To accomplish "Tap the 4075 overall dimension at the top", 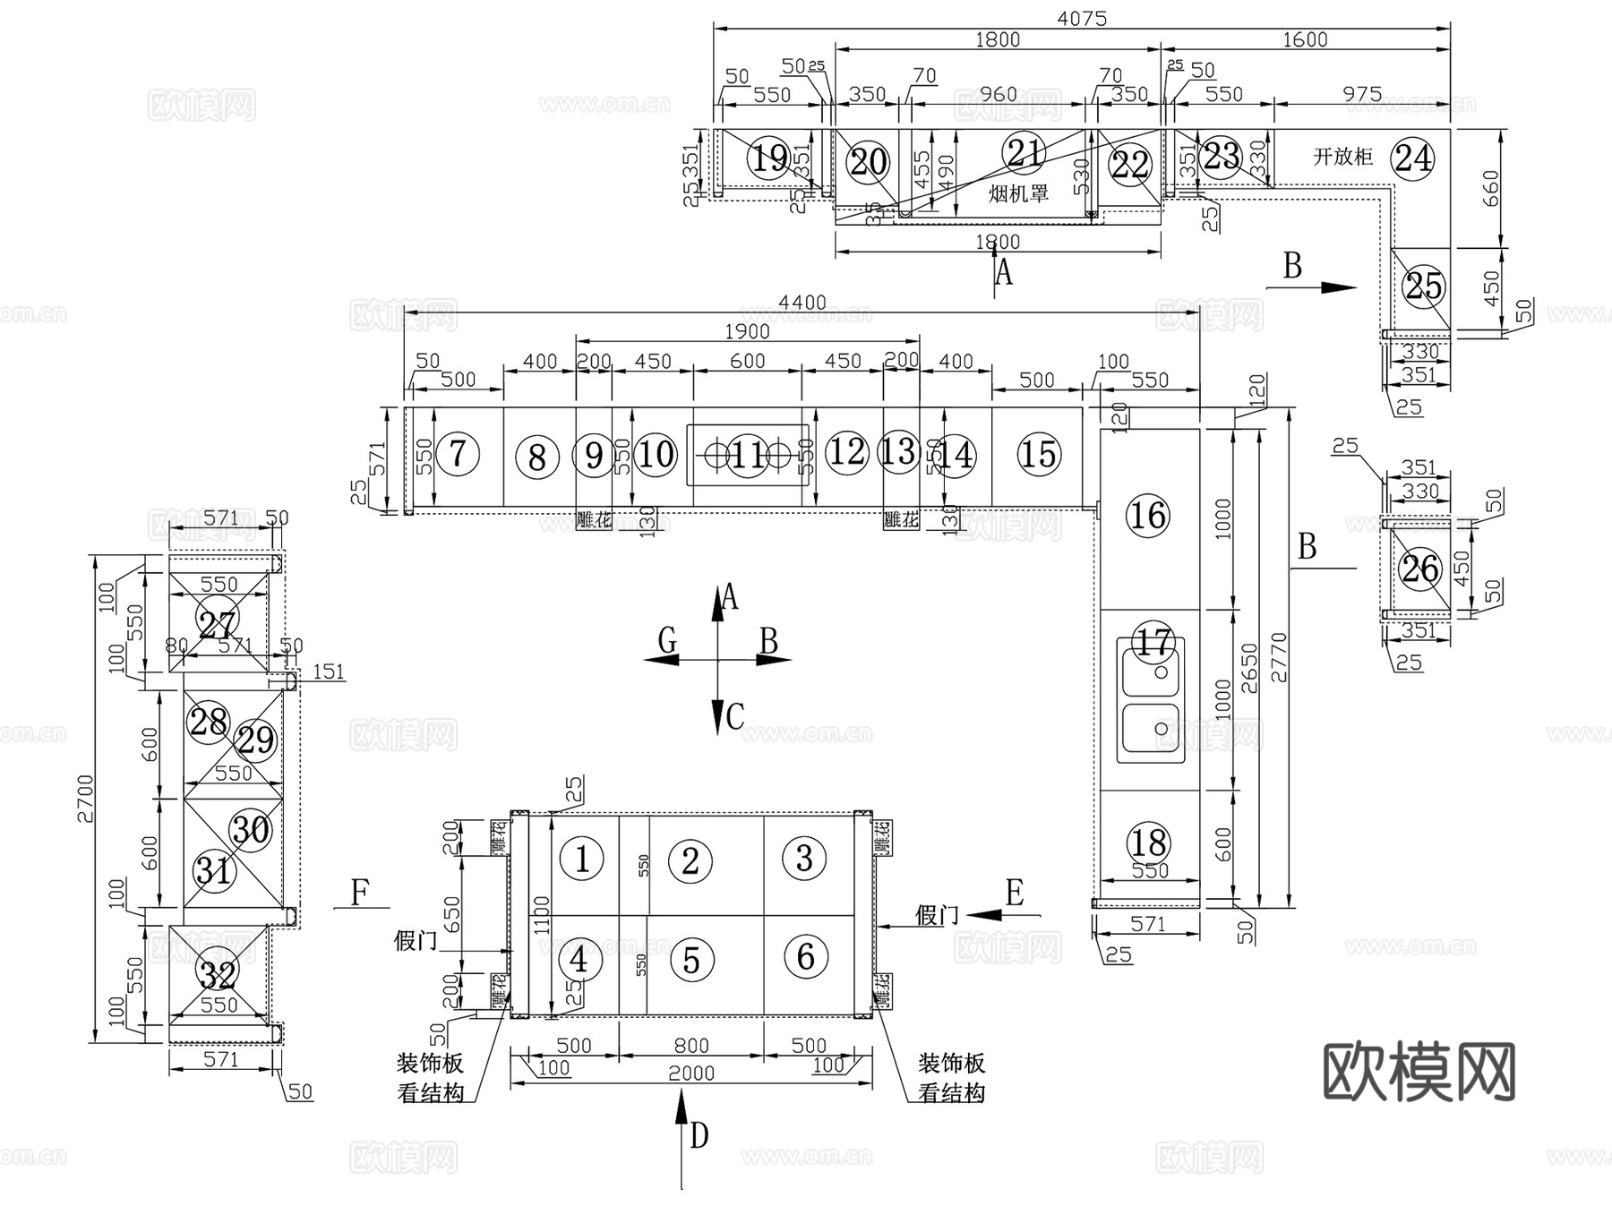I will tap(1081, 18).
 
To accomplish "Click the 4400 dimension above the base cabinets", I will tap(802, 304).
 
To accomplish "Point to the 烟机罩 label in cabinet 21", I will tap(1018, 192).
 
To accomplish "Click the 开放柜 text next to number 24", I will tap(1342, 157).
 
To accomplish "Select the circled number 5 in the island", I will tap(690, 960).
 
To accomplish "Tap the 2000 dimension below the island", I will tap(690, 1073).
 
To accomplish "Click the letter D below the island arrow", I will tap(699, 1136).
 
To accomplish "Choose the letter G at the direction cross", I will tap(666, 640).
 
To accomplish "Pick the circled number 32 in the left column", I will tap(218, 974).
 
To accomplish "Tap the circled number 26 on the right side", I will tap(1419, 569).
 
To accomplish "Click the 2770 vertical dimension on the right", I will tap(1278, 658).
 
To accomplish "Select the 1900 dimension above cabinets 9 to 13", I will tap(747, 331).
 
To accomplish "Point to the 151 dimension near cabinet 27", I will tap(328, 671).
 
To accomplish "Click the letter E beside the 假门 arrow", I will tap(1014, 893).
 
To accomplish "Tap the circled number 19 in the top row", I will tap(769, 158).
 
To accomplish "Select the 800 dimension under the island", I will tap(690, 1045).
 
